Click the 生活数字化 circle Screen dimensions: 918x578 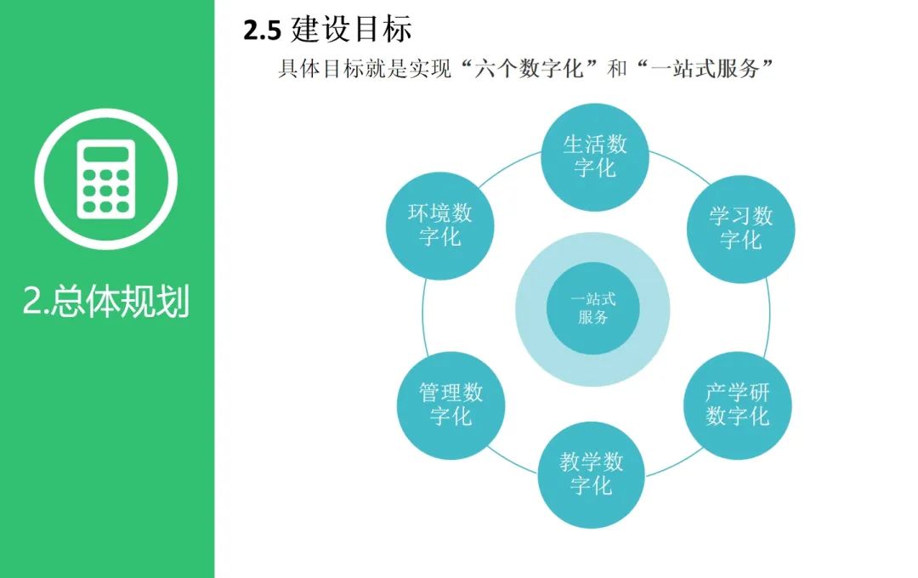[x=595, y=157]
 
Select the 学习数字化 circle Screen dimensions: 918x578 [x=740, y=229]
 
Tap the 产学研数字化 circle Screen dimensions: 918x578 [x=738, y=405]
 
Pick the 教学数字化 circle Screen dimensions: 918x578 [x=592, y=475]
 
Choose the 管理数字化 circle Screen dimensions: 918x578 [x=450, y=405]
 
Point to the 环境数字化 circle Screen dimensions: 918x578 [x=439, y=225]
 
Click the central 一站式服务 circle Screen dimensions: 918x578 [x=593, y=309]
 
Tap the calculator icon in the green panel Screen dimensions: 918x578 [x=106, y=178]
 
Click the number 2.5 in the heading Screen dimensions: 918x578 [x=263, y=31]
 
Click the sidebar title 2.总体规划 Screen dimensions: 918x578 [x=106, y=302]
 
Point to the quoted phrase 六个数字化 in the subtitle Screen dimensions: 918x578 [x=530, y=69]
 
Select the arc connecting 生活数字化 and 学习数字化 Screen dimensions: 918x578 [x=679, y=167]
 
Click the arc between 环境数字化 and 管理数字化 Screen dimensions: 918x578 [x=423, y=316]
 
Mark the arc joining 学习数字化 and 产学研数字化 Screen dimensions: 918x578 [x=768, y=316]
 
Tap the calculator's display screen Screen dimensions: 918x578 [x=106, y=154]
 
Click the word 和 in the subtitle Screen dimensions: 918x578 [x=617, y=69]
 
